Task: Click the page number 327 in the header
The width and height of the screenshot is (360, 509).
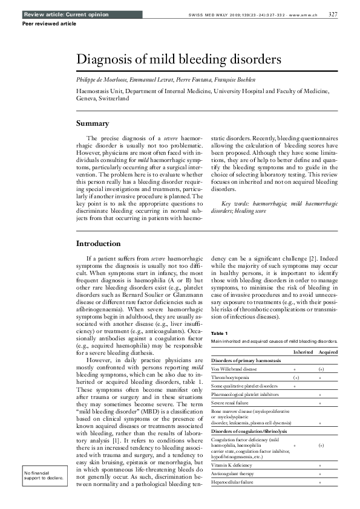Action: pos(333,14)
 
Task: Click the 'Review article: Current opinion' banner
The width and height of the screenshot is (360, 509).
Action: pos(58,14)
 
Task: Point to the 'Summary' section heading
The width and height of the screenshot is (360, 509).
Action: pos(92,124)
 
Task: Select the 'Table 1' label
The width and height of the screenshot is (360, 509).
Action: pos(219,334)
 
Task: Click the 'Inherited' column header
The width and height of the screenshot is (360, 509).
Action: pos(303,351)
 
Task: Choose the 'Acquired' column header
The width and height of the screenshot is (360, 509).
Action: pos(328,351)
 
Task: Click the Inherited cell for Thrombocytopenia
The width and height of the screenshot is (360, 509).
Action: pos(295,377)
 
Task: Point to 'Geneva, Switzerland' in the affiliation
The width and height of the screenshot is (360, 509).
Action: pos(102,97)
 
